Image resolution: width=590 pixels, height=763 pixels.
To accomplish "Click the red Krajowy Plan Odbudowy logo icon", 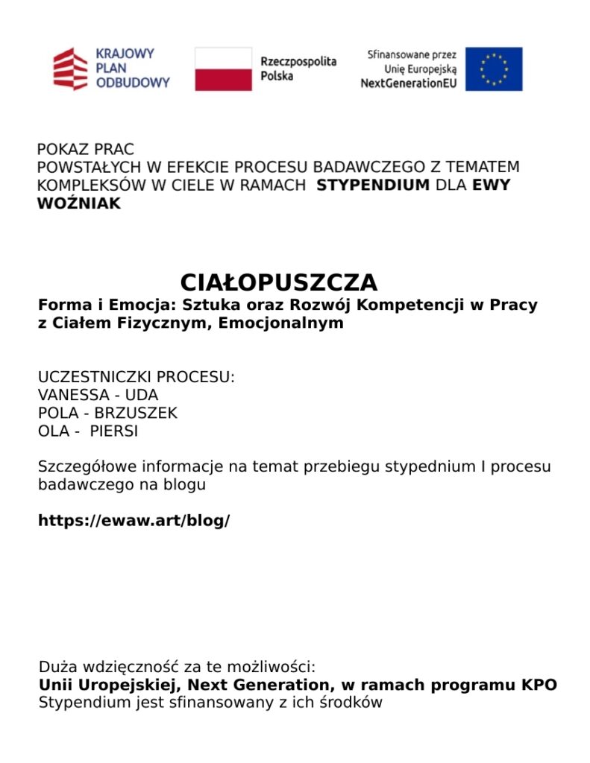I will (x=70, y=69).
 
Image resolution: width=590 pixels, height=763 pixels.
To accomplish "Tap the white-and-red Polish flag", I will (x=223, y=69).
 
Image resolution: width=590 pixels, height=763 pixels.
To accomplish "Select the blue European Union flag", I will (x=494, y=69).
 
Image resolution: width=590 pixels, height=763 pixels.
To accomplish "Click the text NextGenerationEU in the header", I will (x=409, y=83).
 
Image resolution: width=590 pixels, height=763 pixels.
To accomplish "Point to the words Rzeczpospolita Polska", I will (x=298, y=69).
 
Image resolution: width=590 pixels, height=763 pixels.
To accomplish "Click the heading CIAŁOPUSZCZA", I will (x=279, y=282).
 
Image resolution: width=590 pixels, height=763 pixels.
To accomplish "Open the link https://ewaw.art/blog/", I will (x=134, y=521).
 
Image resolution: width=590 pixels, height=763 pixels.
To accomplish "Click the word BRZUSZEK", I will (x=136, y=413).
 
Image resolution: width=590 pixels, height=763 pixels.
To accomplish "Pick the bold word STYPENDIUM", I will (x=373, y=185).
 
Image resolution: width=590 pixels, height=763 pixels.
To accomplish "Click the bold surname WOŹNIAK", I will (x=79, y=203).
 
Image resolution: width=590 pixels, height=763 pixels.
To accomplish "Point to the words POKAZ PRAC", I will (x=86, y=150).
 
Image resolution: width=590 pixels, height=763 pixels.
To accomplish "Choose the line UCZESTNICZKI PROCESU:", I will (x=136, y=377).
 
